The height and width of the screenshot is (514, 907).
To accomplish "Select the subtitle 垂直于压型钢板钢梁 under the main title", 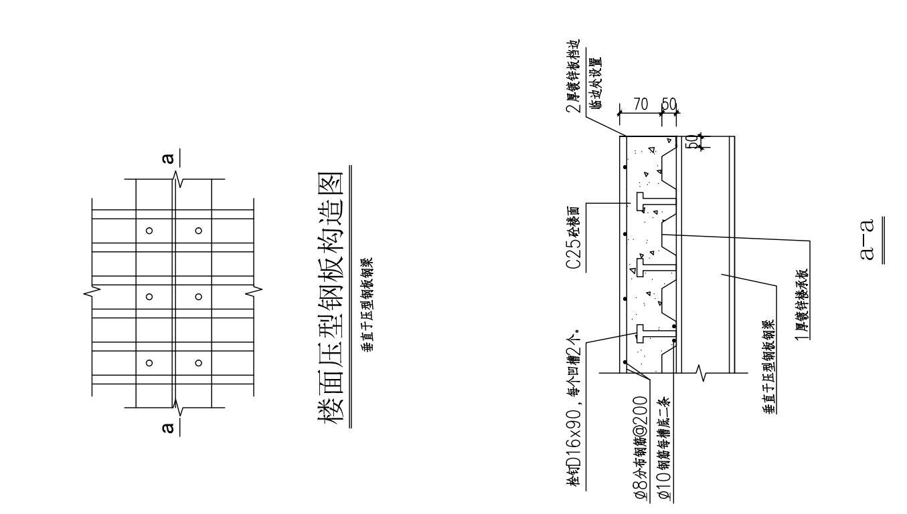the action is pyautogui.click(x=367, y=305).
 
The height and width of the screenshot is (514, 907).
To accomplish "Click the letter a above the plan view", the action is pyautogui.click(x=169, y=158).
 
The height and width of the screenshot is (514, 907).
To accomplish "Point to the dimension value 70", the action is pyautogui.click(x=640, y=105).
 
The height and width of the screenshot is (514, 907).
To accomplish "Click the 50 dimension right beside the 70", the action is pyautogui.click(x=669, y=105).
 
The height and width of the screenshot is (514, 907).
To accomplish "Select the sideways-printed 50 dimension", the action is pyautogui.click(x=690, y=142).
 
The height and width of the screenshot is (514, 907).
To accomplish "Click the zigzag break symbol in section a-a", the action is pyautogui.click(x=702, y=373).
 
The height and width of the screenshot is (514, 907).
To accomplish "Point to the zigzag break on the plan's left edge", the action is pyautogui.click(x=94, y=291).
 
